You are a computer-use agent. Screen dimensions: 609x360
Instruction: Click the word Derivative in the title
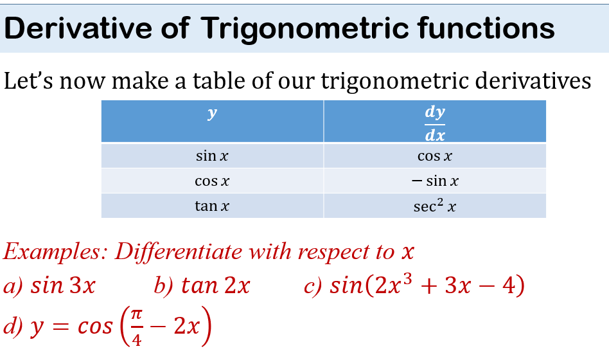click(x=78, y=28)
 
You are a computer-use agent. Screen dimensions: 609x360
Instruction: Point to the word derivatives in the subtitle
click(x=533, y=81)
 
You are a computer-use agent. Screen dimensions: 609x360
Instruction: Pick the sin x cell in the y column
click(x=212, y=156)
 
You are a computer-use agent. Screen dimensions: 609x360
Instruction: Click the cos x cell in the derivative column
click(x=435, y=156)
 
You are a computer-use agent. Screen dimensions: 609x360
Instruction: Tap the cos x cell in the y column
click(x=212, y=181)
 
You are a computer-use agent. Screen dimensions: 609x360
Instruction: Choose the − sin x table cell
click(x=435, y=181)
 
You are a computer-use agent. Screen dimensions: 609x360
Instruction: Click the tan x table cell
click(x=212, y=206)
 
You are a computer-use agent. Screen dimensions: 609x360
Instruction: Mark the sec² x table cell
click(x=435, y=205)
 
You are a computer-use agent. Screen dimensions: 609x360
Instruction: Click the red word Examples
click(x=55, y=251)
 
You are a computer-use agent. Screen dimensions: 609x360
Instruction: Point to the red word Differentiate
click(x=179, y=251)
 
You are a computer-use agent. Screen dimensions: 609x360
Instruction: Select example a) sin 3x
click(x=49, y=285)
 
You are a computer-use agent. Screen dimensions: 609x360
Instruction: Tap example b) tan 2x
click(x=202, y=285)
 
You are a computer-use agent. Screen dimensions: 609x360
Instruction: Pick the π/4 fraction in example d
click(x=136, y=326)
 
